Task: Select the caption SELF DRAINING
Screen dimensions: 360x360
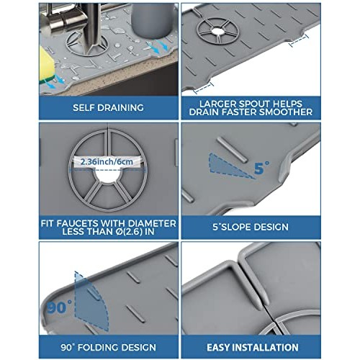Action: coord(90,107)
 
